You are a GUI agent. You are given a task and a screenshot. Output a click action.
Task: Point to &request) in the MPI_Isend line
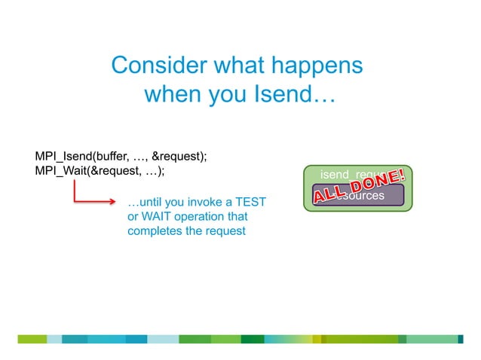click(179, 157)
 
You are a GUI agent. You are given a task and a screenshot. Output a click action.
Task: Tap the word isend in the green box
click(335, 175)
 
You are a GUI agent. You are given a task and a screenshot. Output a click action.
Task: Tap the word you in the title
click(226, 96)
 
